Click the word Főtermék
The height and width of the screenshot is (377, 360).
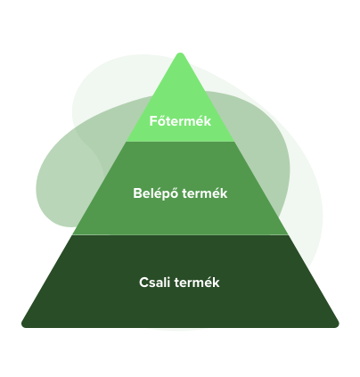click(180, 121)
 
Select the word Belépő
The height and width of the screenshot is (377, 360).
click(156, 193)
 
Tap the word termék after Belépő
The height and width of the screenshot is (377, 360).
click(205, 193)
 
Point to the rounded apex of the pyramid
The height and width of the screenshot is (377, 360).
click(180, 53)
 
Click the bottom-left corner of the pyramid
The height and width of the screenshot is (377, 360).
click(22, 325)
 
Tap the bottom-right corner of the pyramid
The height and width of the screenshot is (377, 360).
click(338, 325)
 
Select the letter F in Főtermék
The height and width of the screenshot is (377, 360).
click(152, 121)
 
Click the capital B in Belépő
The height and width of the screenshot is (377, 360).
click(137, 193)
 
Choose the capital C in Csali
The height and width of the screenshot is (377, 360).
click(143, 283)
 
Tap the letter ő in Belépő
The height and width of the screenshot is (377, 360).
click(175, 193)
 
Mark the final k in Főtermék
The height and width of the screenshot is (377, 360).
click(208, 121)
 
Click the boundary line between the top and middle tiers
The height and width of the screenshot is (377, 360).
click(180, 142)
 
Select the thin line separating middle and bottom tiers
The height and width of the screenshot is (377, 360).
click(180, 234)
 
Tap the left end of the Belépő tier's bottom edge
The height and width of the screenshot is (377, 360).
click(72, 234)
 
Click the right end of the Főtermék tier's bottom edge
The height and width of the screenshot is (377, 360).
click(234, 142)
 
